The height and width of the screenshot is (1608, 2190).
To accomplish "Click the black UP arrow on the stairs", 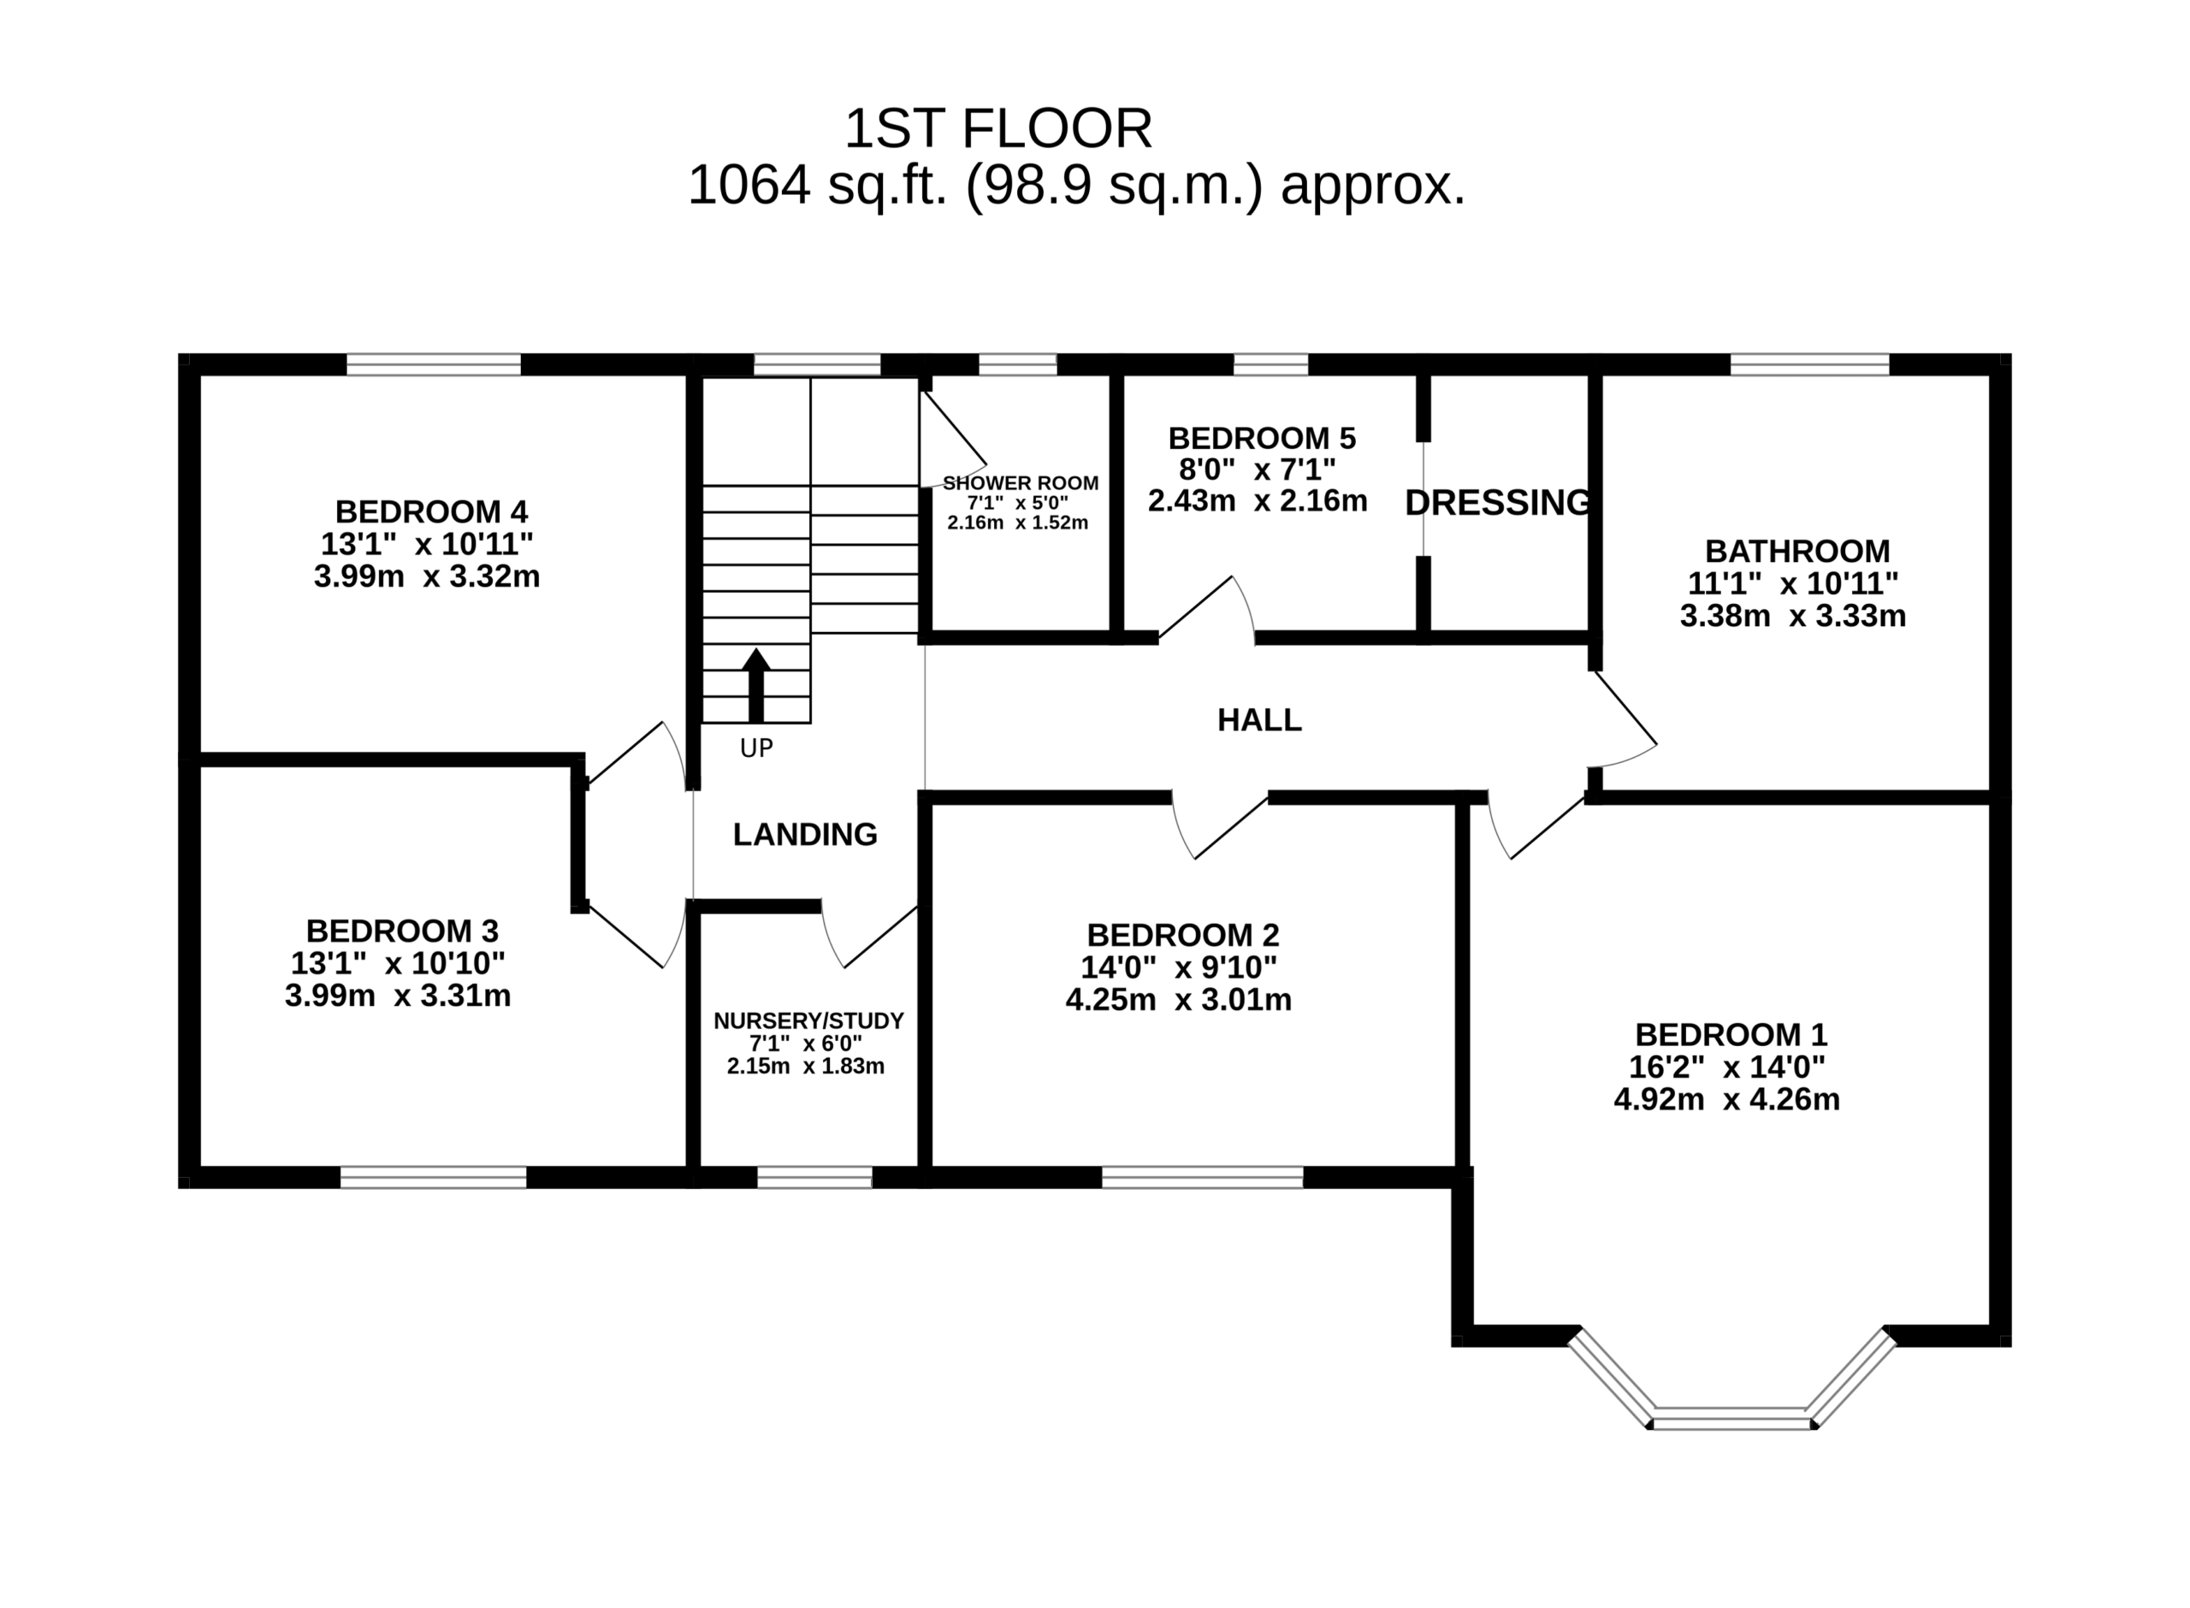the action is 755,685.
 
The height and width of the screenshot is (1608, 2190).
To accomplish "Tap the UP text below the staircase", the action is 756,748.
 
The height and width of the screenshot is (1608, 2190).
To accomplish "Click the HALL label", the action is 1258,720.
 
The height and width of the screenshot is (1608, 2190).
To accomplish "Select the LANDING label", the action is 805,834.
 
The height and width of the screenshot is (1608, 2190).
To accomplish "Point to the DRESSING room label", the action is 1498,502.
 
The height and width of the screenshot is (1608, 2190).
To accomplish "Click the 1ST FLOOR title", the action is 997,128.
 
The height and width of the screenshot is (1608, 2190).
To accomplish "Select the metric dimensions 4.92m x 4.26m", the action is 1726,1100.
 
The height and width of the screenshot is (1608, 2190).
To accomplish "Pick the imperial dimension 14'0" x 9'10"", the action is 1179,967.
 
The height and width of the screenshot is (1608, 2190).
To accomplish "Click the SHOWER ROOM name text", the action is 1020,482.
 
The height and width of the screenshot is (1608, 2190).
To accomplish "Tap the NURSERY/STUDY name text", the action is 808,1021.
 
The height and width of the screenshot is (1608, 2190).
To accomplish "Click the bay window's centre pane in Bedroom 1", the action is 1732,1420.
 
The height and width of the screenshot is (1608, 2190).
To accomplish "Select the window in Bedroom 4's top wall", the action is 433,364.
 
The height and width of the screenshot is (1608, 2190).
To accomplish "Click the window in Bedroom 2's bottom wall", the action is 1202,1178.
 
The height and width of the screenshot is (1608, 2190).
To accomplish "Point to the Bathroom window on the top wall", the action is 1809,364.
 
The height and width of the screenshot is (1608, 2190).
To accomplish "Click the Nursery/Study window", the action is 814,1178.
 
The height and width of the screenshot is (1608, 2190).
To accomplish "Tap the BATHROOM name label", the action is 1796,551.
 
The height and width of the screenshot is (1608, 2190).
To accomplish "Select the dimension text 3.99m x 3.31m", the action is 397,996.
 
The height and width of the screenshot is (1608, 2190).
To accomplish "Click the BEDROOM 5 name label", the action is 1262,438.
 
